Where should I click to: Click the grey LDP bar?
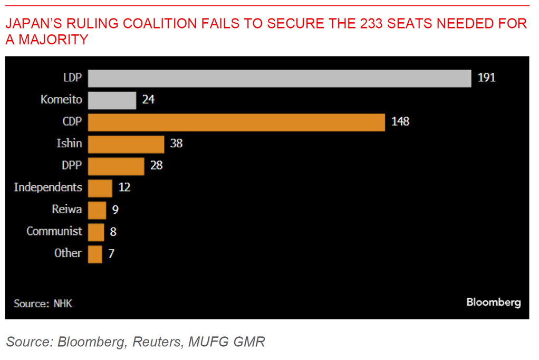tap(279, 78)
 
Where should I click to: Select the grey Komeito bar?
tap(112, 100)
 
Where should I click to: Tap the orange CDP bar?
tap(236, 122)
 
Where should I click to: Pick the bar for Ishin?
tap(126, 144)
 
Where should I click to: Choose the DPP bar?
tap(116, 166)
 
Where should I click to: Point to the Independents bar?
tap(100, 188)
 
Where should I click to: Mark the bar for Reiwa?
tap(97, 210)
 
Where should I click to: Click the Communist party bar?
tap(96, 232)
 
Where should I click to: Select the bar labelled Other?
tap(95, 254)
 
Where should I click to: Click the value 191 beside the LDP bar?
tap(486, 78)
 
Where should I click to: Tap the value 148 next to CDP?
tap(400, 122)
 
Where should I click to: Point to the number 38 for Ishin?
tap(176, 144)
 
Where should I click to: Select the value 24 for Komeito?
tap(148, 100)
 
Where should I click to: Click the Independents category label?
tap(48, 187)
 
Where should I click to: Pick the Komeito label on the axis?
tap(61, 99)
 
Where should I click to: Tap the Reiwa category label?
tap(67, 210)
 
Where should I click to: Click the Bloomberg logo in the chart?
tap(494, 302)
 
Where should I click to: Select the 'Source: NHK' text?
tap(43, 304)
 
